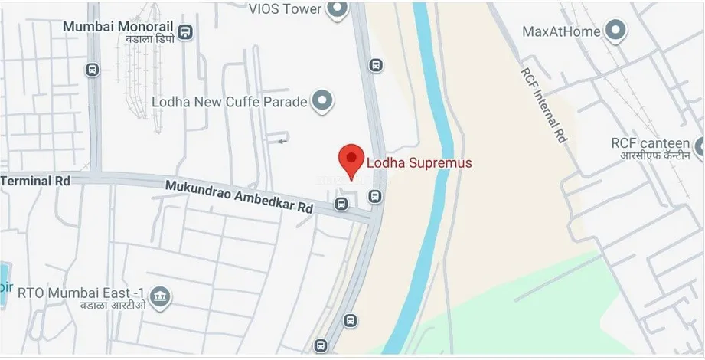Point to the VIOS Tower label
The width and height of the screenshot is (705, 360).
pos(283,9)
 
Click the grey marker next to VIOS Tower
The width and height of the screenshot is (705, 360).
pos(336,9)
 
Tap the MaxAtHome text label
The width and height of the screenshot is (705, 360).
pos(561,31)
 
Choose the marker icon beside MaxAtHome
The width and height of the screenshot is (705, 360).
pos(614,31)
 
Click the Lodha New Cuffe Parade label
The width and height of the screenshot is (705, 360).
pos(230,101)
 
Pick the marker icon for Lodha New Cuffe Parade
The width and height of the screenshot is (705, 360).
pos(324,100)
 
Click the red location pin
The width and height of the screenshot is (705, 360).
pos(351,159)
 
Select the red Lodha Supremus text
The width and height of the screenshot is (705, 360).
pos(419,162)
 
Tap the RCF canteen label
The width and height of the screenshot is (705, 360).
pos(651,143)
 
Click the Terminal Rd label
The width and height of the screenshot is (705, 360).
pos(35,182)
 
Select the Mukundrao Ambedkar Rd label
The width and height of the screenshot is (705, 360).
pos(240,197)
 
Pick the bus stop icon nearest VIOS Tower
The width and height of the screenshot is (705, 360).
pos(375,65)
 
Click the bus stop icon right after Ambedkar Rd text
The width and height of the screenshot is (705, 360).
pos(341,204)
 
